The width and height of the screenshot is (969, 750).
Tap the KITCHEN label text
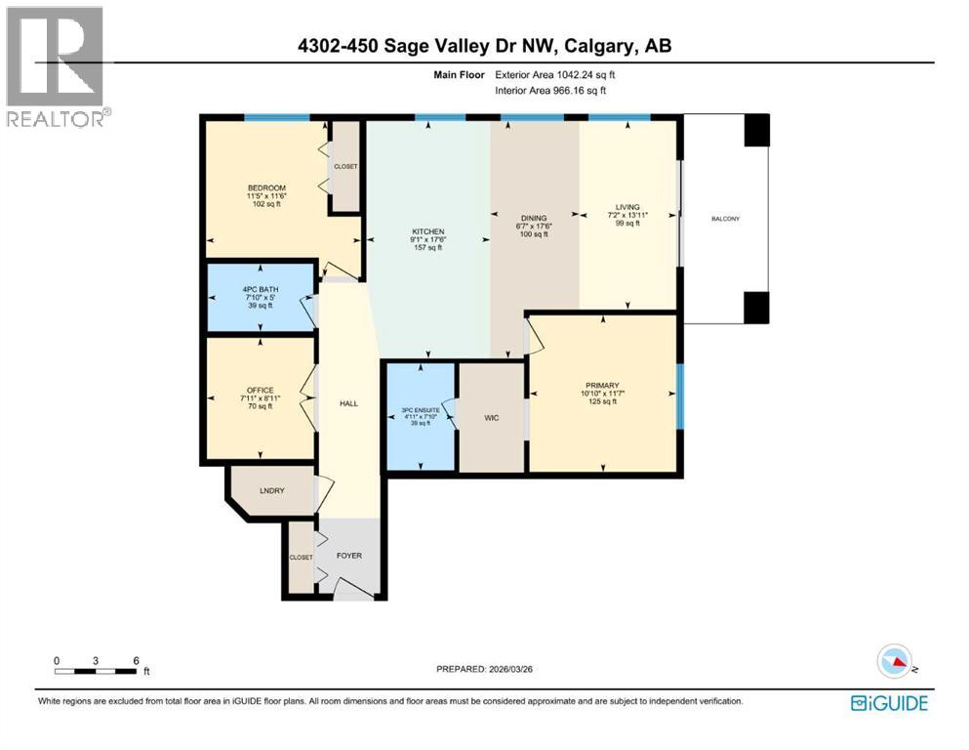point(427,232)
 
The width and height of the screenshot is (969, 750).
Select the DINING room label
point(534,218)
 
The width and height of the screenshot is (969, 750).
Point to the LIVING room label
point(626,207)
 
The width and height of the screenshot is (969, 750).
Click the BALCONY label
point(724,219)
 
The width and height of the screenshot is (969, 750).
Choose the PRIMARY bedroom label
point(602,386)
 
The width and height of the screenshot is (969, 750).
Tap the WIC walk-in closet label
point(492,417)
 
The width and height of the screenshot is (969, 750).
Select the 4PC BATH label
point(261,287)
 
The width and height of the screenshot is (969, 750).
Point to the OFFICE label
point(261,391)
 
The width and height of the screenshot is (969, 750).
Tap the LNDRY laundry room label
point(270,491)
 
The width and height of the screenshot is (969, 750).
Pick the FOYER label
point(348,556)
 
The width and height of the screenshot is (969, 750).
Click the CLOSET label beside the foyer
point(301,557)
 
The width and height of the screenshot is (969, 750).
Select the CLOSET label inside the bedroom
point(345,166)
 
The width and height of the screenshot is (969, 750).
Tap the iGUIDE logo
point(888,703)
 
